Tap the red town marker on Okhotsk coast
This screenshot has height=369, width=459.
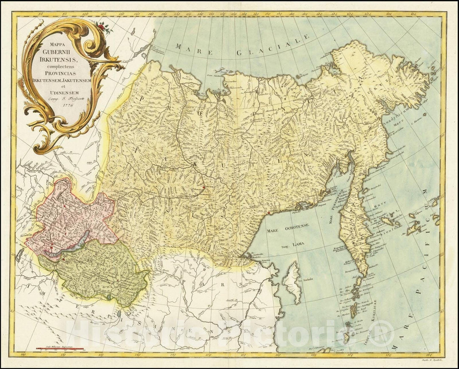[268, 212]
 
